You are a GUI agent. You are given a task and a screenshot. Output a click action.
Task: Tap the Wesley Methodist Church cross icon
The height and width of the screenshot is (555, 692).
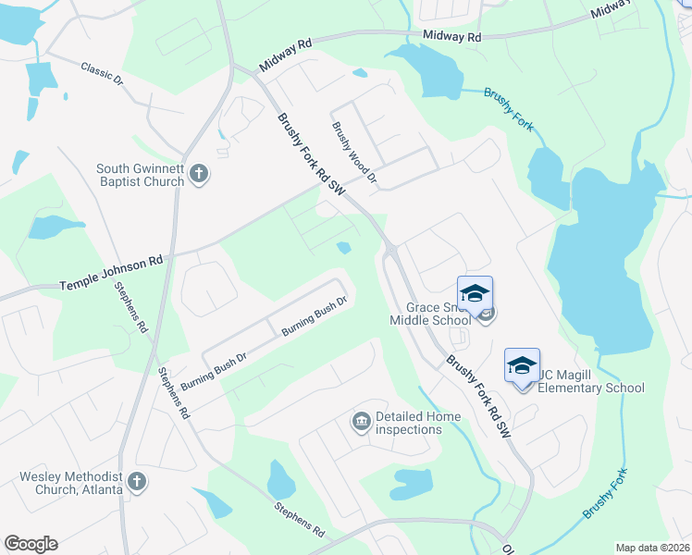coord(136,481)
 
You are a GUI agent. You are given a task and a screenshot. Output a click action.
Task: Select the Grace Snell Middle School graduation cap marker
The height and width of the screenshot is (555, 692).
coord(475,294)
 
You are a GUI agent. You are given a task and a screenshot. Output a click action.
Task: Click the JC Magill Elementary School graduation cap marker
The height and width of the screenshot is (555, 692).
coord(522,366)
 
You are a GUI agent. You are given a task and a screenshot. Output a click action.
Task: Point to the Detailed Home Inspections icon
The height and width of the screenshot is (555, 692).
coord(360,423)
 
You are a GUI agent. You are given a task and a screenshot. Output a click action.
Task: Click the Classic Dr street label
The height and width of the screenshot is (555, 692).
coord(102,73)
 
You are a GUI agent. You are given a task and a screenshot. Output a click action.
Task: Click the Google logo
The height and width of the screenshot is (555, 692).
coord(31,544)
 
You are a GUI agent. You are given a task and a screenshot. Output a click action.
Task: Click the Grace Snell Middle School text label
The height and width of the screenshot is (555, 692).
coord(439,314)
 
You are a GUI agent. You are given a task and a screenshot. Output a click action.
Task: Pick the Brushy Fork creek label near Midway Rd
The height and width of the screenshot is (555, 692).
coord(510,108)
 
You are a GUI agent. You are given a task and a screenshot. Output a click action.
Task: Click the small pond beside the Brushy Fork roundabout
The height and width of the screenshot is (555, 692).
coord(344,247)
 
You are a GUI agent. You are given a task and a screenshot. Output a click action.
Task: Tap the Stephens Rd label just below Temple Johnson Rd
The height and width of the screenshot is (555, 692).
coord(131,308)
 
